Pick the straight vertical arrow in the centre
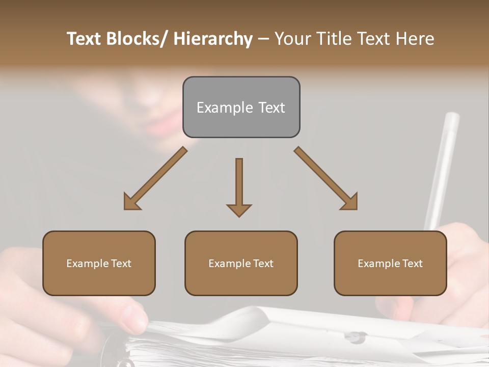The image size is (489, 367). (x=239, y=187)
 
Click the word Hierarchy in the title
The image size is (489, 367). (x=213, y=39)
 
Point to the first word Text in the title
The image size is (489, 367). (x=85, y=39)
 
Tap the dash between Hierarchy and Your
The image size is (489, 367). (x=263, y=39)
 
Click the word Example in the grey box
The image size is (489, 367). (x=218, y=108)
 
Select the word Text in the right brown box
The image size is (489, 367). (x=413, y=264)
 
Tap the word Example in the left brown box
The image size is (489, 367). (x=87, y=264)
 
